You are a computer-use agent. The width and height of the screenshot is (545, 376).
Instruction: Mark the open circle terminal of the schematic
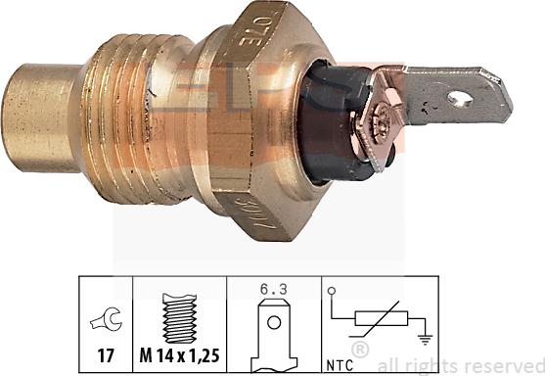333,291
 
